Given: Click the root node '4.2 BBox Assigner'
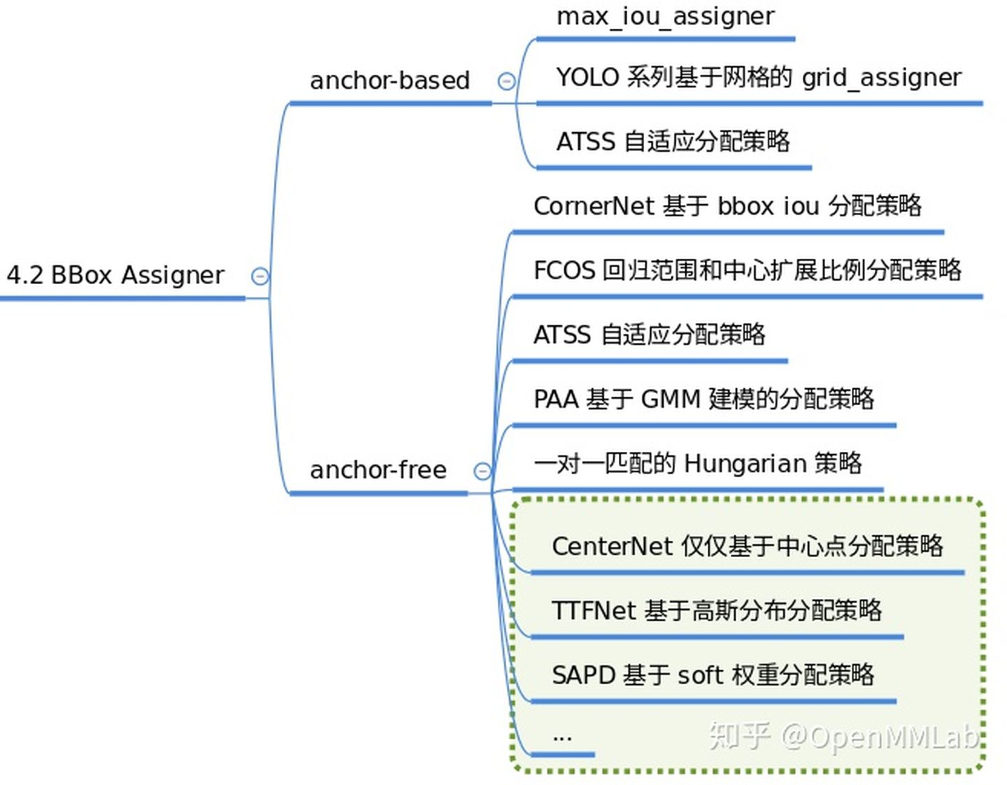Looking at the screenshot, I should tap(115, 275).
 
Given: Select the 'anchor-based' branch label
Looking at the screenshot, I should tap(390, 80).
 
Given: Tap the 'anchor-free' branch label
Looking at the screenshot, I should tap(378, 469).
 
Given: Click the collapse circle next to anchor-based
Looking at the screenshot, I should tap(506, 81).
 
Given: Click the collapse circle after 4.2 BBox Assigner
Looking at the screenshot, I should tap(259, 276).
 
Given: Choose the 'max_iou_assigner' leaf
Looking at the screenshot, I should tap(665, 16).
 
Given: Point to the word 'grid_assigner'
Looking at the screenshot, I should tap(881, 78).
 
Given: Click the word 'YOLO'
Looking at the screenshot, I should tap(587, 77).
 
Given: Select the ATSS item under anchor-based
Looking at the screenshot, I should tap(673, 141).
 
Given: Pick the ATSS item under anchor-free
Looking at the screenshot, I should tap(649, 334).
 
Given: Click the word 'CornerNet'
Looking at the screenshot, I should tap(594, 206).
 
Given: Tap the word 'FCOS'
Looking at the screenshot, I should tap(564, 270).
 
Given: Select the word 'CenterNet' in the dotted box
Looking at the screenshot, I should tap(612, 546).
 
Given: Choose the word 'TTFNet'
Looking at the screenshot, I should tap(594, 610).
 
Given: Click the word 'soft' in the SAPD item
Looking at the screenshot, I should tap(699, 675).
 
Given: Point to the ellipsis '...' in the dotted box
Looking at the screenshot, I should tap(562, 737).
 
